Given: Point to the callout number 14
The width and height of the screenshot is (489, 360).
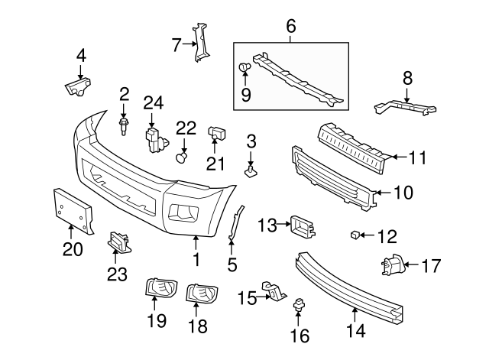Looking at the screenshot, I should (x=355, y=331).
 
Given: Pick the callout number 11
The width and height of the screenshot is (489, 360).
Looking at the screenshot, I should (x=416, y=158).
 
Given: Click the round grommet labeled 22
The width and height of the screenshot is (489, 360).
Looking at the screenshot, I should (x=183, y=157).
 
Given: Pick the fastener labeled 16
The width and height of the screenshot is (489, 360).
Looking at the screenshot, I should (x=297, y=309).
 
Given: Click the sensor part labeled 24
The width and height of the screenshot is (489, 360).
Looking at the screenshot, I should (x=157, y=139).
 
